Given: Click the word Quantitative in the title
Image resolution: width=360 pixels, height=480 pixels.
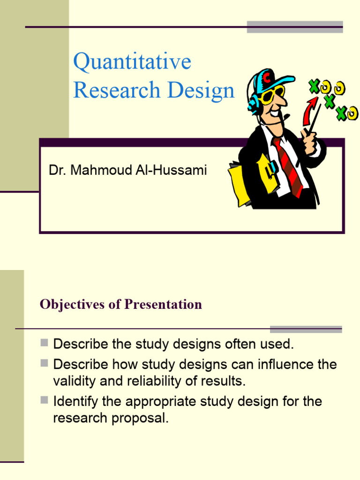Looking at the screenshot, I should (132, 62).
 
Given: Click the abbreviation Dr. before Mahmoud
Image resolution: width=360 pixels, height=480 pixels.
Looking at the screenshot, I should (56, 170).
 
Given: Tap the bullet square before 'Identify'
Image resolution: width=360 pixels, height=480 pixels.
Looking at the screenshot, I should (45, 400).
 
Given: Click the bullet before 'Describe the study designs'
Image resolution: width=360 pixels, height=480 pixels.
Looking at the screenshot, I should (45, 343).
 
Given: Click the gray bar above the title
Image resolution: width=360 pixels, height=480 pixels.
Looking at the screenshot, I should (295, 26).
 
